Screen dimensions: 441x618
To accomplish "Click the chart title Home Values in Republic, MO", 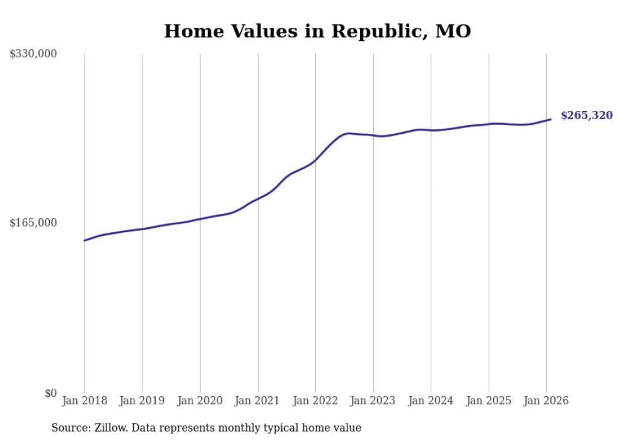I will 317,32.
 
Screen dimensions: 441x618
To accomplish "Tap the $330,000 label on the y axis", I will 33,54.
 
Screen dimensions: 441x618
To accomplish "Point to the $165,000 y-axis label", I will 33,223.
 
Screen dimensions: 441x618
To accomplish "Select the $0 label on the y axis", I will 50,394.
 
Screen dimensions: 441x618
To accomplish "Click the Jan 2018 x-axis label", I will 85,401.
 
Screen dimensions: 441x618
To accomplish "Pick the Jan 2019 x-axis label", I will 142,401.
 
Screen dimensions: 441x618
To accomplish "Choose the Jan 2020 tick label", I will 200,401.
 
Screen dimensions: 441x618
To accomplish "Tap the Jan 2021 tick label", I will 257,401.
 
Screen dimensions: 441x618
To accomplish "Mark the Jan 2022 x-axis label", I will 315,401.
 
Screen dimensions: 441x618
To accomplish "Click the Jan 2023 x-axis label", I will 373,401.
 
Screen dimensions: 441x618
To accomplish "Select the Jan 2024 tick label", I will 431,401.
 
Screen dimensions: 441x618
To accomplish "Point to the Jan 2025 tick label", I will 488,401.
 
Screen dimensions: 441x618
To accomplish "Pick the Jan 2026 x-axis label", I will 546,401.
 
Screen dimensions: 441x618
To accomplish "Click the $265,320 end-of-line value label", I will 586,115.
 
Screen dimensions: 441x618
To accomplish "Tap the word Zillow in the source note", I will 108,428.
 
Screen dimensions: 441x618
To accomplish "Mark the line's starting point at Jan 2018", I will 85,240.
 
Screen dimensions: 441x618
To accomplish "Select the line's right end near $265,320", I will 551,119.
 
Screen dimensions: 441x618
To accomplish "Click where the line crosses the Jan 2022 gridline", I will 315,160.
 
